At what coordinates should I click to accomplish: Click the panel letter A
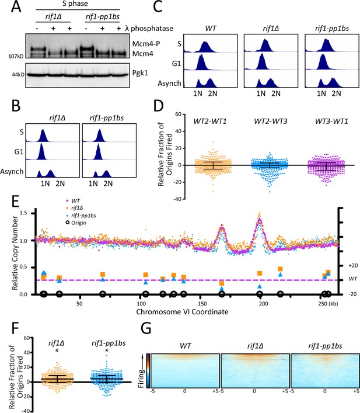click(x=16, y=6)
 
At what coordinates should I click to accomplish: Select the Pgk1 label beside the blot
click(x=140, y=73)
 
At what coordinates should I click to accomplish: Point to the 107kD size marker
click(x=16, y=56)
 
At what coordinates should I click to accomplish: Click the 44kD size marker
click(x=18, y=75)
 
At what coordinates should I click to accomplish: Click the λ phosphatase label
click(x=149, y=28)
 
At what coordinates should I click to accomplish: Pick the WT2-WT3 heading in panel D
click(x=271, y=121)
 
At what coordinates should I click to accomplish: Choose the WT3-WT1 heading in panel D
click(x=331, y=121)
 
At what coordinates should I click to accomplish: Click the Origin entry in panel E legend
click(x=76, y=223)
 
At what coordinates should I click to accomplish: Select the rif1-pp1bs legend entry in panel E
click(x=81, y=216)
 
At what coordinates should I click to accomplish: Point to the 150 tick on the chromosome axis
click(x=202, y=303)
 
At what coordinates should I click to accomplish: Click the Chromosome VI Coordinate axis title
click(x=182, y=312)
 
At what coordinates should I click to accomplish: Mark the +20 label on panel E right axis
click(x=353, y=265)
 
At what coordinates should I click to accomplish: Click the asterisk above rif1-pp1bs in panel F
click(x=107, y=351)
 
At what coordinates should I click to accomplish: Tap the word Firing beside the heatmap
click(x=142, y=378)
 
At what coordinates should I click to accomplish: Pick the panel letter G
click(x=146, y=328)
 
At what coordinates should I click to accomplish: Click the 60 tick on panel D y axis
click(x=179, y=114)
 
